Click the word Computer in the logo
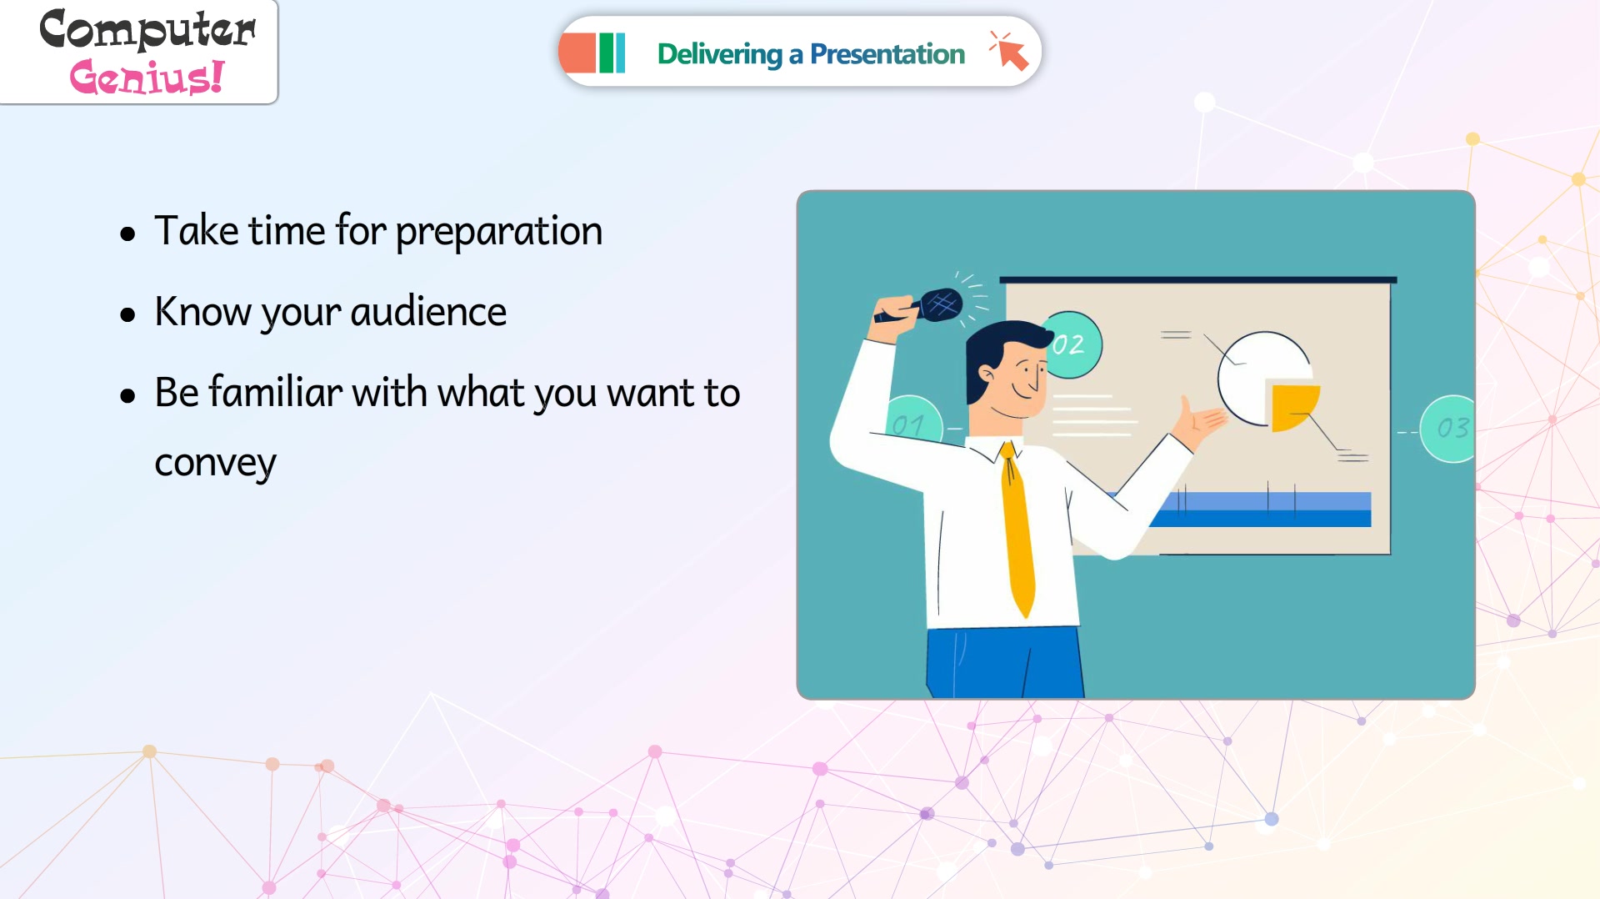(x=147, y=30)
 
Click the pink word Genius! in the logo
(x=147, y=77)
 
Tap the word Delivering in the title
(x=719, y=54)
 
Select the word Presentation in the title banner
(x=887, y=54)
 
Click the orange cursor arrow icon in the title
(x=1010, y=52)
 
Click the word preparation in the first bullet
(x=498, y=232)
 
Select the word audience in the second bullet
(x=428, y=312)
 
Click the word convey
(x=215, y=464)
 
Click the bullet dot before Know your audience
(x=127, y=314)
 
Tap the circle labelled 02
(x=1072, y=344)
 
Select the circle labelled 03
(x=1448, y=429)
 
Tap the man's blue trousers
(x=1004, y=662)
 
